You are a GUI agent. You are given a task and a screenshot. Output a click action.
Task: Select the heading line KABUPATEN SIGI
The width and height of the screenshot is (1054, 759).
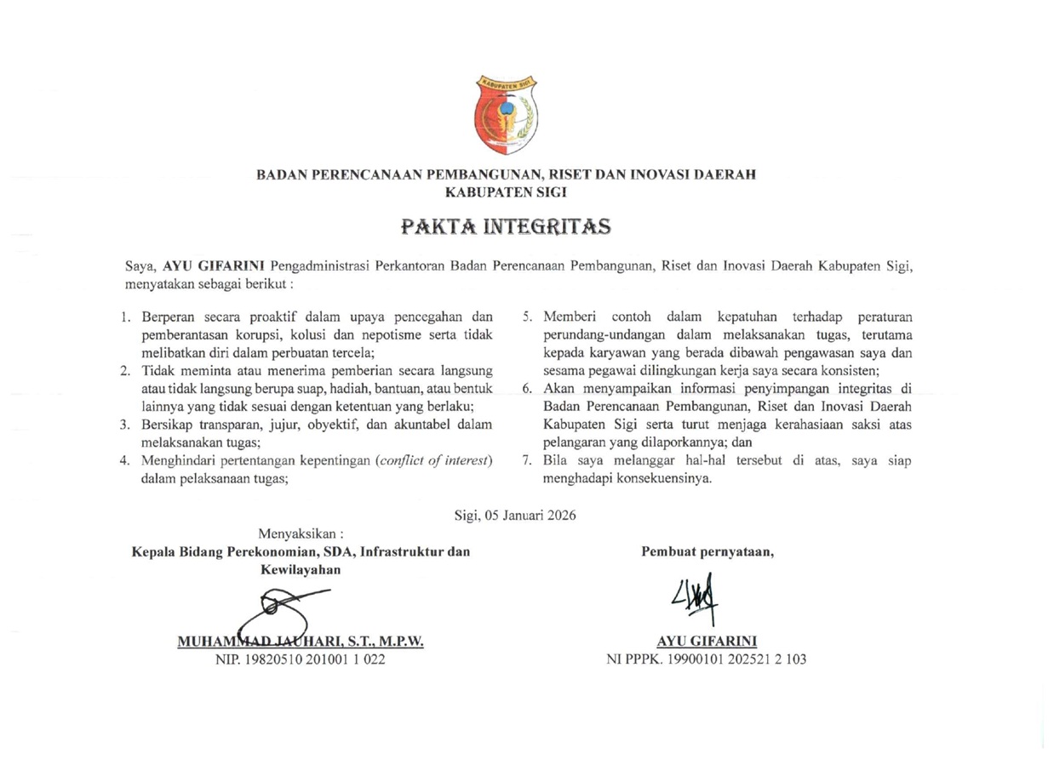coord(506,192)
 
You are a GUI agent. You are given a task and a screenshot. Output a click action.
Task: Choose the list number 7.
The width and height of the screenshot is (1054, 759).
coord(527,461)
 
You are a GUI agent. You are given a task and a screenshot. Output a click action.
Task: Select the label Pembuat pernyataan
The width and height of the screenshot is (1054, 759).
coord(707,551)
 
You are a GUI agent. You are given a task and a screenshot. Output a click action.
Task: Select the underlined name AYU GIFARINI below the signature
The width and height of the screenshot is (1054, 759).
coord(707,641)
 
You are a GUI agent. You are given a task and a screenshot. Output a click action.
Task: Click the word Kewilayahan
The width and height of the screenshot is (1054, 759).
coord(301,569)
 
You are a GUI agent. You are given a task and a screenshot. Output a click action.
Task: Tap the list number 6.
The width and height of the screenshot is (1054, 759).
coord(527,389)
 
